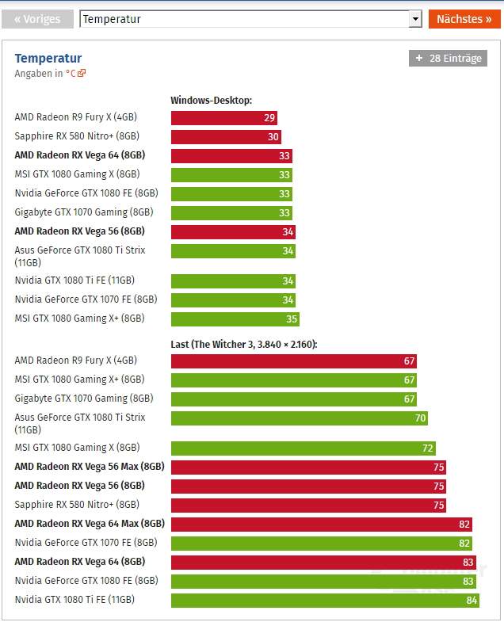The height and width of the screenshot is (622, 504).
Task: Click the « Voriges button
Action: click(x=37, y=19)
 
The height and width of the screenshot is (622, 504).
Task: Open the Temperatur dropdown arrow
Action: click(x=414, y=19)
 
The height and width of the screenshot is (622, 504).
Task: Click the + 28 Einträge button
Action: click(x=448, y=59)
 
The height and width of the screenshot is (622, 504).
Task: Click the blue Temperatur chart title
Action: click(x=48, y=59)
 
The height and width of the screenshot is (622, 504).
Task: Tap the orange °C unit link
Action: click(x=75, y=74)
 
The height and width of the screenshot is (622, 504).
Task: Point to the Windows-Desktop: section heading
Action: click(x=211, y=100)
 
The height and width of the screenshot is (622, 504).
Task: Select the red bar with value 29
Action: click(x=224, y=118)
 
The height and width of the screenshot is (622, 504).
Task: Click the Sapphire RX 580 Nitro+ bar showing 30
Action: click(x=226, y=137)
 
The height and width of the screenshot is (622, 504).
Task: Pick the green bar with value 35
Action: click(x=235, y=319)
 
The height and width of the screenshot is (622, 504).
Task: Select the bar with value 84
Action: click(x=326, y=600)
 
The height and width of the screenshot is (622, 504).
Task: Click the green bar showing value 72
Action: click(x=304, y=448)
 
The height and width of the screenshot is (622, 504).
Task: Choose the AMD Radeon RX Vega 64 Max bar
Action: click(x=321, y=524)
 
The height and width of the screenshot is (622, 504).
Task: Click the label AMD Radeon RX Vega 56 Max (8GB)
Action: click(x=90, y=467)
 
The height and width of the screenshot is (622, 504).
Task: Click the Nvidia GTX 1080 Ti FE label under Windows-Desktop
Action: click(x=74, y=280)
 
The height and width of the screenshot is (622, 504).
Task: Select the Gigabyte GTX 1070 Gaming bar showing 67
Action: click(x=294, y=399)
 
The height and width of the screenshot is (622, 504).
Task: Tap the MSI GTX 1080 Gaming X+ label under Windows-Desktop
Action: click(x=79, y=319)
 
